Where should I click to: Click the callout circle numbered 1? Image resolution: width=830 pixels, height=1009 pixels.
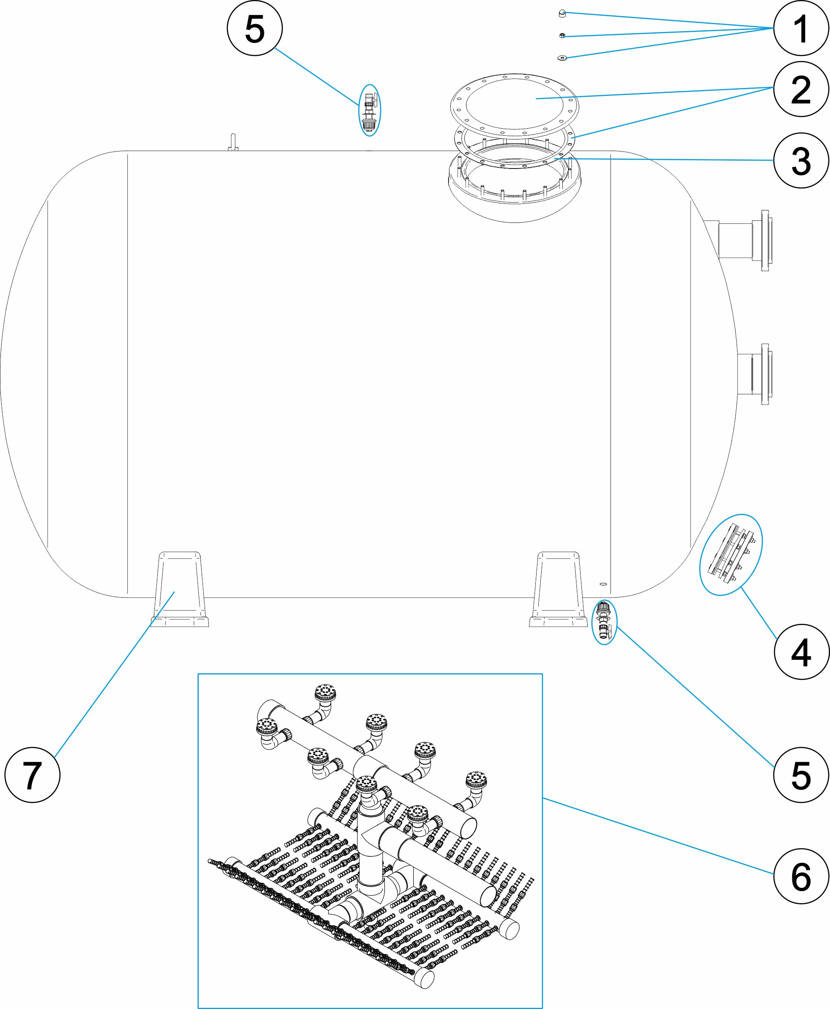coord(801,29)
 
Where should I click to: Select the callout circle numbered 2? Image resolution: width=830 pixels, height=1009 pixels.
coord(801,89)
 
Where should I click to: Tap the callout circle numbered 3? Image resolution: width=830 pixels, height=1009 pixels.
coord(801,160)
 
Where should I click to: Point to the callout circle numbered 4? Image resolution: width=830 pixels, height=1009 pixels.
coord(801,652)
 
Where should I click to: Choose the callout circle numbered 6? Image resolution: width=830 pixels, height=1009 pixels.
coord(801,876)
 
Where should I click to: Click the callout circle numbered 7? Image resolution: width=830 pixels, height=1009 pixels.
coord(32,774)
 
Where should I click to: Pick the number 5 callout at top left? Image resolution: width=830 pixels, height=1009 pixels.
coord(254,28)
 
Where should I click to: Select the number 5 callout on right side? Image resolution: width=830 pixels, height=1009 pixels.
coord(801,774)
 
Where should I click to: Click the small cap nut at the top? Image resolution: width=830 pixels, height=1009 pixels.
coord(562,14)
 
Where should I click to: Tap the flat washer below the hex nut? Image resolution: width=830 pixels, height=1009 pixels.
coord(562,58)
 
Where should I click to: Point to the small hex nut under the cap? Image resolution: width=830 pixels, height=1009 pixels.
coord(562,35)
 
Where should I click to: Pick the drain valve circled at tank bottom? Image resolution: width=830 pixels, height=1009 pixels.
coord(604,622)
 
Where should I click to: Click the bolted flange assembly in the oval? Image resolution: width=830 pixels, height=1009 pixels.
coord(730,555)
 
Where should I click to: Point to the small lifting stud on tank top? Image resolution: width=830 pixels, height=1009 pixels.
coord(233,142)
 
